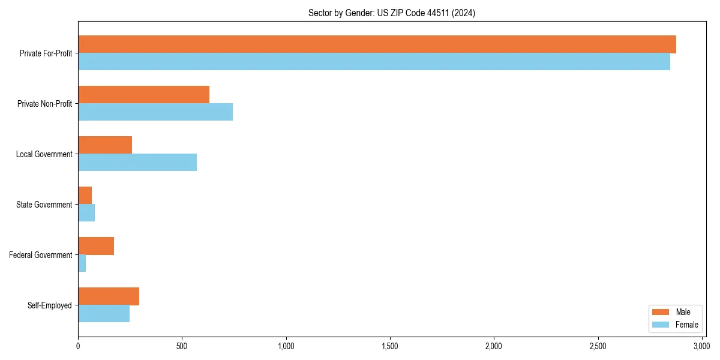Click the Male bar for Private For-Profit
[x=377, y=44]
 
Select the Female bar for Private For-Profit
[x=374, y=62]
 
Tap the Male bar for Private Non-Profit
[x=144, y=95]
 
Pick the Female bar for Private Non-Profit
[x=155, y=112]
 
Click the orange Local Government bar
[x=105, y=145]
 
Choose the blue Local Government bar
[x=137, y=163]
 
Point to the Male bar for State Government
[x=85, y=196]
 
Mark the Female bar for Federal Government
[x=82, y=263]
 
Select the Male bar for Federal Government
[x=96, y=246]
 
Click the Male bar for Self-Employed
[x=109, y=296]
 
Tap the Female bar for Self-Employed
[x=104, y=314]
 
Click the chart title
[x=391, y=13]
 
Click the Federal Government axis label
[x=40, y=255]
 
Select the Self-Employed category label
[x=49, y=305]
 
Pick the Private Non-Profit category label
[x=46, y=104]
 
